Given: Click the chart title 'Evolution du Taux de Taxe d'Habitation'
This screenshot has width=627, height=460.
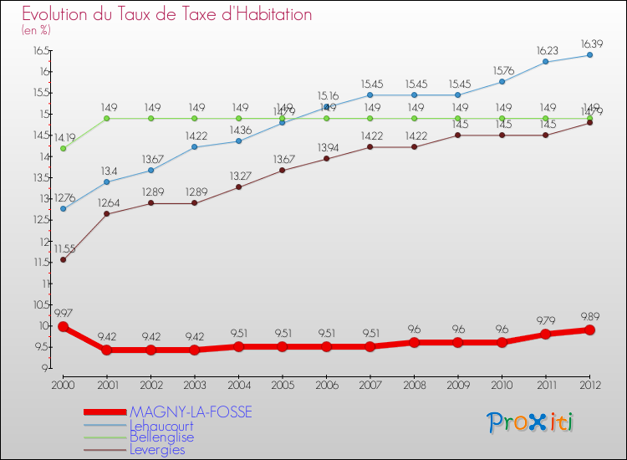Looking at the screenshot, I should (x=167, y=14).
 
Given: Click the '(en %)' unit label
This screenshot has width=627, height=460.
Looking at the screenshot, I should (x=36, y=30).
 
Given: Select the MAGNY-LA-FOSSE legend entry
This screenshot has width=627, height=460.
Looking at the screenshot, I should (x=191, y=412).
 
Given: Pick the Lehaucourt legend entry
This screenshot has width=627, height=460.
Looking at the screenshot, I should (x=167, y=425).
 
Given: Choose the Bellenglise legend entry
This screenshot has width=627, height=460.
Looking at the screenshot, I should (x=161, y=437).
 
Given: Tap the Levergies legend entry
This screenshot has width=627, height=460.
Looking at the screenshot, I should (x=157, y=449).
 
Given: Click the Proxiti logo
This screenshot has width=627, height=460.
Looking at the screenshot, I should (x=531, y=422).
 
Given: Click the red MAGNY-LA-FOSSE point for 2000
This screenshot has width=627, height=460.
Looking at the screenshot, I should (x=63, y=327).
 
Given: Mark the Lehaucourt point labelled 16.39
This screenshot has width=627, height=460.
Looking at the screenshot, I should (x=589, y=55).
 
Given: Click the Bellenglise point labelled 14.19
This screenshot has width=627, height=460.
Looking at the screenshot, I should (x=63, y=148).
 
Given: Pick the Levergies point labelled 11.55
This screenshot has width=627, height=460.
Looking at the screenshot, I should (x=63, y=259).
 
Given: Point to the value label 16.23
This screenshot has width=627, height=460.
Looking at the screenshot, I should (x=545, y=49).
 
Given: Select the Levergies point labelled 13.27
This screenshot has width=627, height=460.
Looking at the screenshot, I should (x=238, y=187).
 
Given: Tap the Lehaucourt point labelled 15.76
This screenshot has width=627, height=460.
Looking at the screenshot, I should (x=502, y=81).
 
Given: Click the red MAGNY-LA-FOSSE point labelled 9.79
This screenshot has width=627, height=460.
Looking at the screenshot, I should (x=545, y=334).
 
